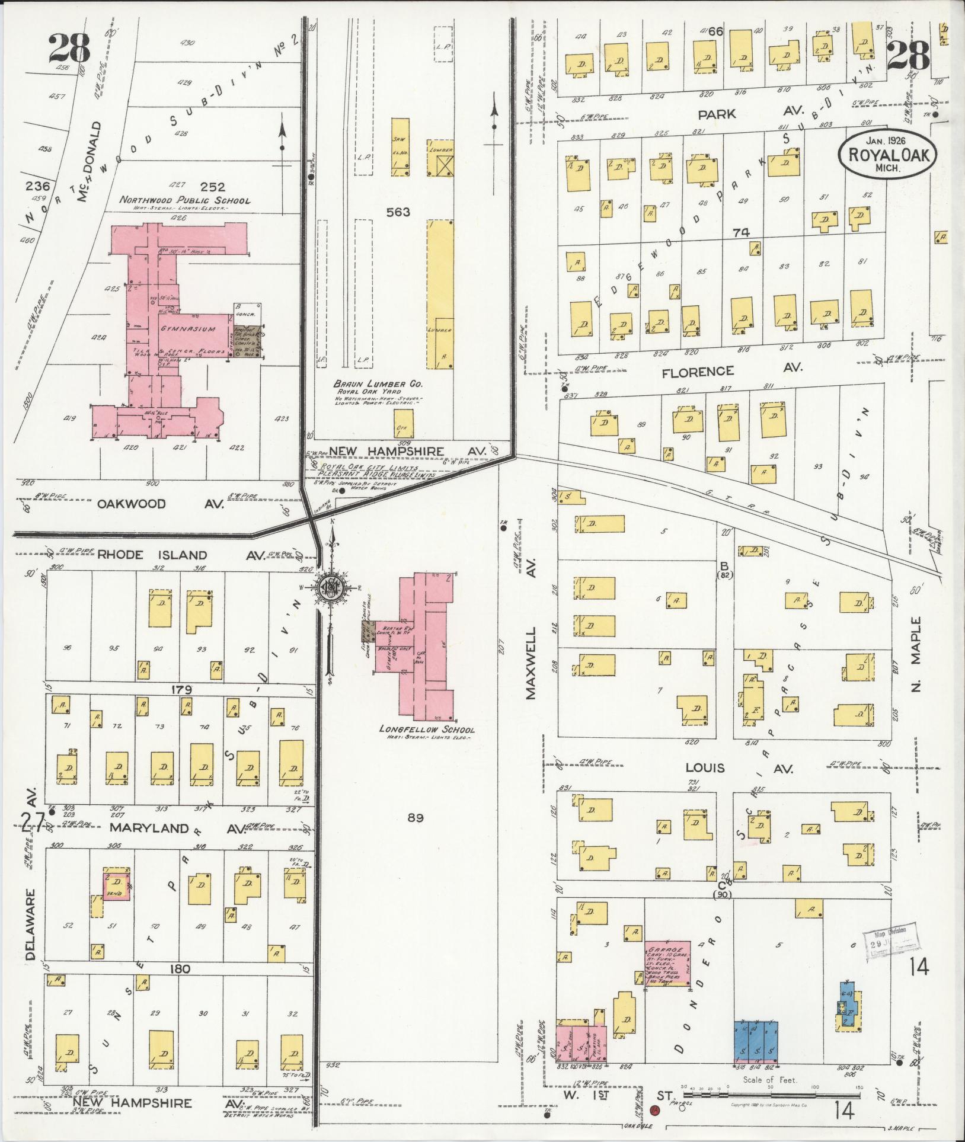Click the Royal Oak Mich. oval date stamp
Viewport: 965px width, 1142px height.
[887, 155]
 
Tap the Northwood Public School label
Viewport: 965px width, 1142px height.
[184, 200]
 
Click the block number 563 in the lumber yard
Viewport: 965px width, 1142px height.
[397, 212]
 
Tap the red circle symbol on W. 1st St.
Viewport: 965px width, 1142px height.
[655, 1110]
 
